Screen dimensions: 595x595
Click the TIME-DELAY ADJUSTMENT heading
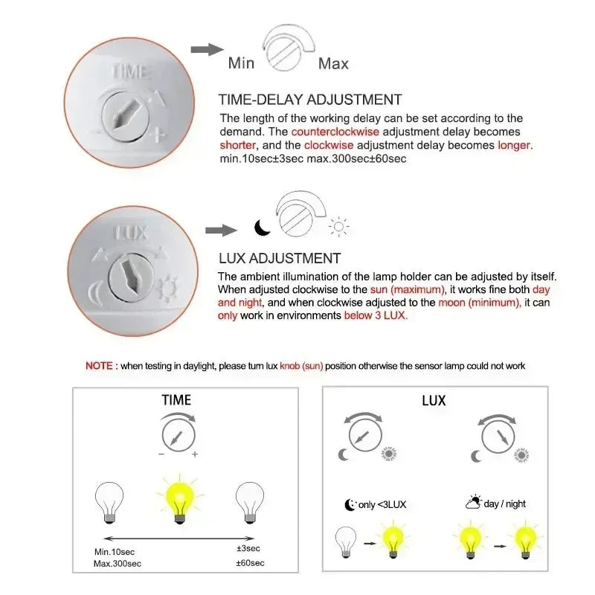[309, 100]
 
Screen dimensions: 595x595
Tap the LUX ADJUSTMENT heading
[279, 259]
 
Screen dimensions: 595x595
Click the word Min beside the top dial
[241, 63]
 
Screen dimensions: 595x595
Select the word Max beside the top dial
[333, 63]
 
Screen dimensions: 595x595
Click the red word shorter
[238, 145]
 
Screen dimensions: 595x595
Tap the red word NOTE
[99, 366]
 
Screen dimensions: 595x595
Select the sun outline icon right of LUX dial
[340, 228]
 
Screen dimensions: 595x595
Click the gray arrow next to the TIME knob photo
[207, 49]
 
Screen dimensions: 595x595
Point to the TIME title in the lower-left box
[176, 400]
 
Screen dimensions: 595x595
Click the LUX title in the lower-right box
[434, 401]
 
